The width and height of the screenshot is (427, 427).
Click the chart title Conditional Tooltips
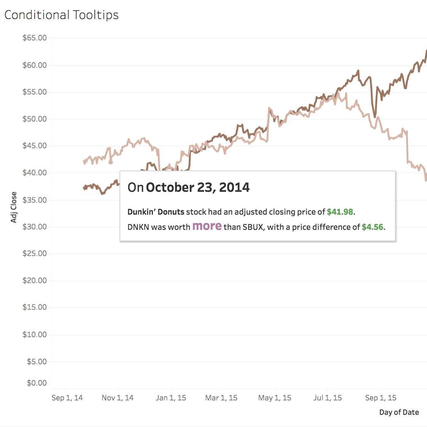click(61, 15)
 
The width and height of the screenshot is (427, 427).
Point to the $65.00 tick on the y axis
click(35, 38)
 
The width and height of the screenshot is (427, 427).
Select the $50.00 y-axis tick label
click(35, 119)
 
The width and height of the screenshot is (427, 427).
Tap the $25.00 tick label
click(35, 254)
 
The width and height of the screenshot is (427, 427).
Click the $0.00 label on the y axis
click(37, 383)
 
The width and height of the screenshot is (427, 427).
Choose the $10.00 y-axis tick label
click(35, 335)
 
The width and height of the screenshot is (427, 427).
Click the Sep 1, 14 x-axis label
click(67, 398)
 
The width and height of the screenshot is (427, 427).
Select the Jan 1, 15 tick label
click(171, 398)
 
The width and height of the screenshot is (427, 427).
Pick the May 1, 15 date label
click(274, 398)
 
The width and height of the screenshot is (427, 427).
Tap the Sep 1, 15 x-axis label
click(381, 398)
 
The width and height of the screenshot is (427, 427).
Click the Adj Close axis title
click(14, 207)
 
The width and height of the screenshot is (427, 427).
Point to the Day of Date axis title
click(399, 412)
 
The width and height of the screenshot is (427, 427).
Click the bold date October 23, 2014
click(198, 187)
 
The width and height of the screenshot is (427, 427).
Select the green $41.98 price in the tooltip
click(340, 212)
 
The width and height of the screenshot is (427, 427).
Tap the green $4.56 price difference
click(372, 227)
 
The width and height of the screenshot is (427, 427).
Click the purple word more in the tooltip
click(207, 226)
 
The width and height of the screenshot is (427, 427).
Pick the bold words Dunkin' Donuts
click(156, 212)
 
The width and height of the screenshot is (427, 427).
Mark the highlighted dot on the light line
click(110, 162)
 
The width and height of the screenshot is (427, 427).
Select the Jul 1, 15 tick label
click(327, 398)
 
